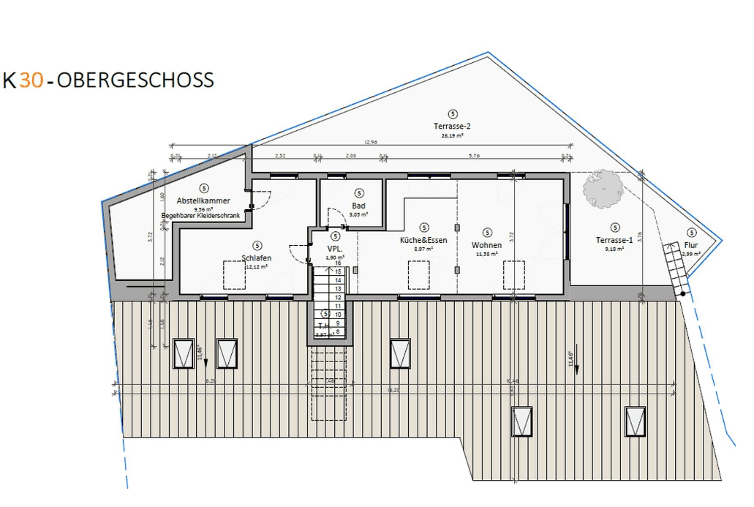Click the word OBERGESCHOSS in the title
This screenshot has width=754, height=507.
(135, 80)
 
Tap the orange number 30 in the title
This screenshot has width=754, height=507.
(31, 80)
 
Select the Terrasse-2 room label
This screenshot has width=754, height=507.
(452, 126)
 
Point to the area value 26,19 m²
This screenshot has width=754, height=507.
(452, 135)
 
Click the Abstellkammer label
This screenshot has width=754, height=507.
(203, 200)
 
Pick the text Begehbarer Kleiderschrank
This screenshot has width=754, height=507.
(200, 216)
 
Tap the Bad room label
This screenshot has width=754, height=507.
(358, 206)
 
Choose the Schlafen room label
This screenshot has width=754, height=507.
(256, 258)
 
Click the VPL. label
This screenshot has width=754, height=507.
(335, 249)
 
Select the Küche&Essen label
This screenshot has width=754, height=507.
(423, 240)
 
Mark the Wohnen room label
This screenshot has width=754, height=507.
(486, 245)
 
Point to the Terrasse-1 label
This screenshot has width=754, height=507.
(614, 240)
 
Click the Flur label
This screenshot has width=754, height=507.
(691, 245)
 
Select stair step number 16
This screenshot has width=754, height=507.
(338, 263)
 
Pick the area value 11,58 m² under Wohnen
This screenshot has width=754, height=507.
(486, 254)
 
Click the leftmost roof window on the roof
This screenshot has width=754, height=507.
(184, 354)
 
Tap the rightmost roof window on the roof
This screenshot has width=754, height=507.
(635, 421)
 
